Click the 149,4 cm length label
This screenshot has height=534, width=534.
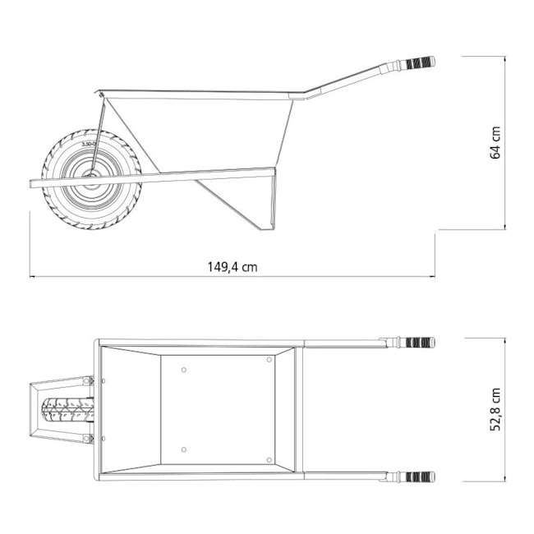coord(232,266)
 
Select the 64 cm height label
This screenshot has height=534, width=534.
coord(495,142)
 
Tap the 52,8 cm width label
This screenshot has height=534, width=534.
coord(495,409)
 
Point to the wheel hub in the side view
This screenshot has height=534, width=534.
coord(90,178)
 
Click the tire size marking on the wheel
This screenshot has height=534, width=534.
coord(90,144)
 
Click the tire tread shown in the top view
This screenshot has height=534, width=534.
coord(67,409)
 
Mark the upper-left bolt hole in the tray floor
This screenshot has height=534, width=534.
coord(184,370)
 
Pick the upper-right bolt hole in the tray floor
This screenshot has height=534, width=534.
coord(269,360)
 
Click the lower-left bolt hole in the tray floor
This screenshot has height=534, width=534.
coord(184,449)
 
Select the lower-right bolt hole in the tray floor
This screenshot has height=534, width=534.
coord(269,459)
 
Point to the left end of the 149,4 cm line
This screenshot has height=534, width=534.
coord(30,277)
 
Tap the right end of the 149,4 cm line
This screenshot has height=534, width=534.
coord(435,277)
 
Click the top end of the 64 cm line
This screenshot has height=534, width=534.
coord(504,57)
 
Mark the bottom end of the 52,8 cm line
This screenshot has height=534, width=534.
coord(504,481)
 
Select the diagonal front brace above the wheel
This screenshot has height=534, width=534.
coord(99,131)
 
